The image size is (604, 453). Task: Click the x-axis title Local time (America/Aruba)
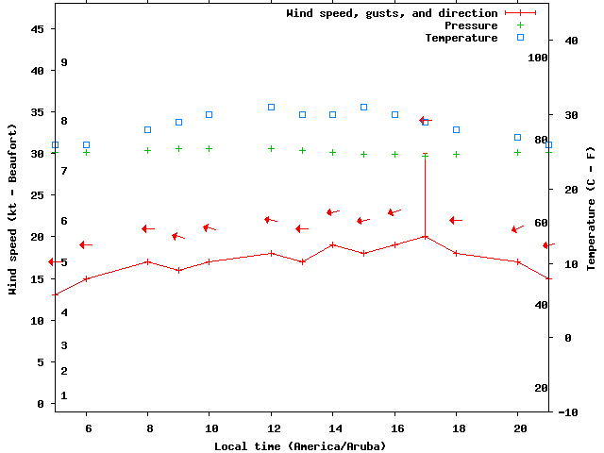300,445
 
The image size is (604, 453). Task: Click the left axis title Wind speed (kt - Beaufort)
13,209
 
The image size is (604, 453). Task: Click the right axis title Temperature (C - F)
591,209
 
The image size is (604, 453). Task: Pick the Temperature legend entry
461,38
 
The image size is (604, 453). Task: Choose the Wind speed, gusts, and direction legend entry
392,13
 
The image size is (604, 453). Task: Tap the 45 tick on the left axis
38,29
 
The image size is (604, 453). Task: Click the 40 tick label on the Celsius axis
571,41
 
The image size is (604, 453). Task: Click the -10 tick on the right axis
568,412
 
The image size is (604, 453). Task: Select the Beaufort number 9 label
64,62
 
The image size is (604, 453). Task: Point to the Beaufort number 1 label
64,395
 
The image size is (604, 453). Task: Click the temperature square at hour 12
271,107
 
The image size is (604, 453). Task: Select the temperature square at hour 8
147,129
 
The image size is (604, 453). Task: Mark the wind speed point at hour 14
332,244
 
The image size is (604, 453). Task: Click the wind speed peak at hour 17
425,236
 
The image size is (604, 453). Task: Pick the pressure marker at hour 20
517,152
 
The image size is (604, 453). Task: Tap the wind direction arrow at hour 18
456,220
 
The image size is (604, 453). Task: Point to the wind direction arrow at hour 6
86,244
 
